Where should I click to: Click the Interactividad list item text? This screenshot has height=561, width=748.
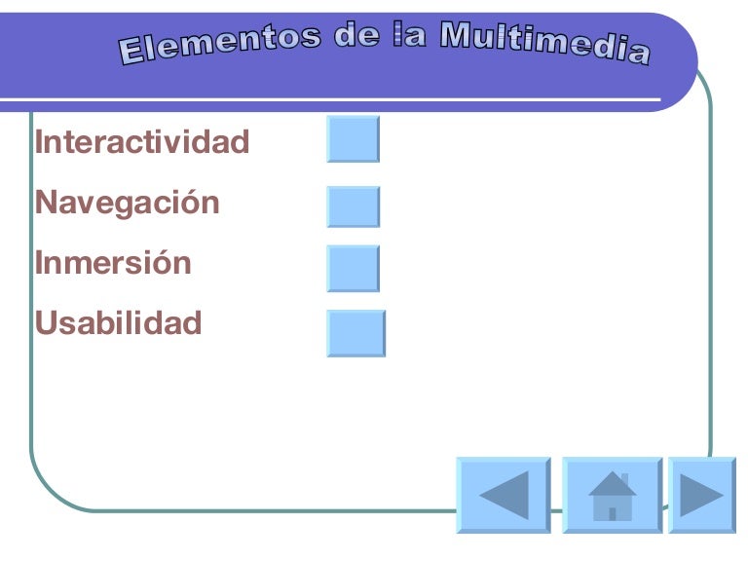(x=142, y=142)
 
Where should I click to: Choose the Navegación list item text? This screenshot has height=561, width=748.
(x=128, y=204)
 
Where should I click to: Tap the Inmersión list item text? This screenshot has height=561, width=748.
(x=113, y=263)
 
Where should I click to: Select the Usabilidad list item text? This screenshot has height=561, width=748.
(x=119, y=322)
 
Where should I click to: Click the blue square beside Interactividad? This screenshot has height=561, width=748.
(x=353, y=138)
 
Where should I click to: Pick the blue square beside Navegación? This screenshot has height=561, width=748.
(x=353, y=206)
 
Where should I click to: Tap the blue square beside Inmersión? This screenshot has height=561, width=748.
(x=353, y=268)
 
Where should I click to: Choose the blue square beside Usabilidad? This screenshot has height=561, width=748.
(x=355, y=333)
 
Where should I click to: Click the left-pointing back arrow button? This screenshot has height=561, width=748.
(x=504, y=495)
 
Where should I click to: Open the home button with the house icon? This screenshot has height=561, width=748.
(x=613, y=495)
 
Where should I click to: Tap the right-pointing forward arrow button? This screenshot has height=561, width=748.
(x=701, y=495)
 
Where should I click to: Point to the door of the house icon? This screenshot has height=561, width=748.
(x=613, y=512)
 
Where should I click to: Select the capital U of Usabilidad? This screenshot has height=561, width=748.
(x=45, y=322)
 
